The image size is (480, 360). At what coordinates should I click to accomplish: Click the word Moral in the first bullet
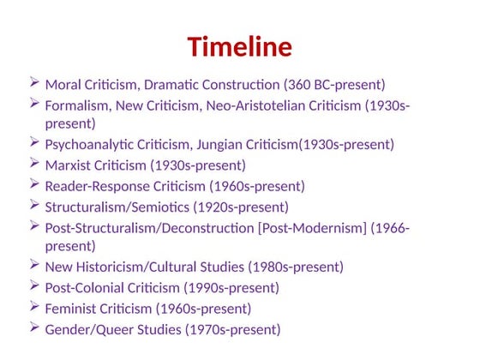(62, 85)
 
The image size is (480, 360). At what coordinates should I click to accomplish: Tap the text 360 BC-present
(336, 85)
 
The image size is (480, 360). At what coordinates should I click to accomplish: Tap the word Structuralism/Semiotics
(117, 207)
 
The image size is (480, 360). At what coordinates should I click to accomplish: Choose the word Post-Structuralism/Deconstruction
(143, 228)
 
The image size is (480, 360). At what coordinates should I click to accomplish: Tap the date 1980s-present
(297, 267)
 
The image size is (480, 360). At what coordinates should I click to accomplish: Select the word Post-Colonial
(85, 288)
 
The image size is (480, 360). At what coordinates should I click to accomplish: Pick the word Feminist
(71, 309)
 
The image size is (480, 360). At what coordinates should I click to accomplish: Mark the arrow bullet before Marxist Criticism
(33, 164)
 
